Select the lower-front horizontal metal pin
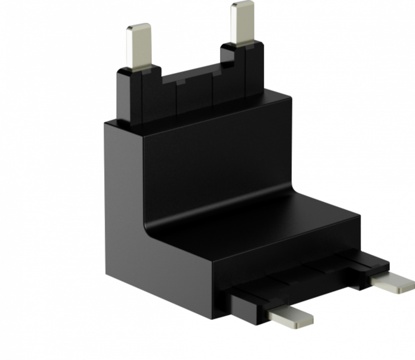[289, 317]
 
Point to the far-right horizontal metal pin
[392, 283]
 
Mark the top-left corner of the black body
[105, 123]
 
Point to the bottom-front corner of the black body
[218, 316]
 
